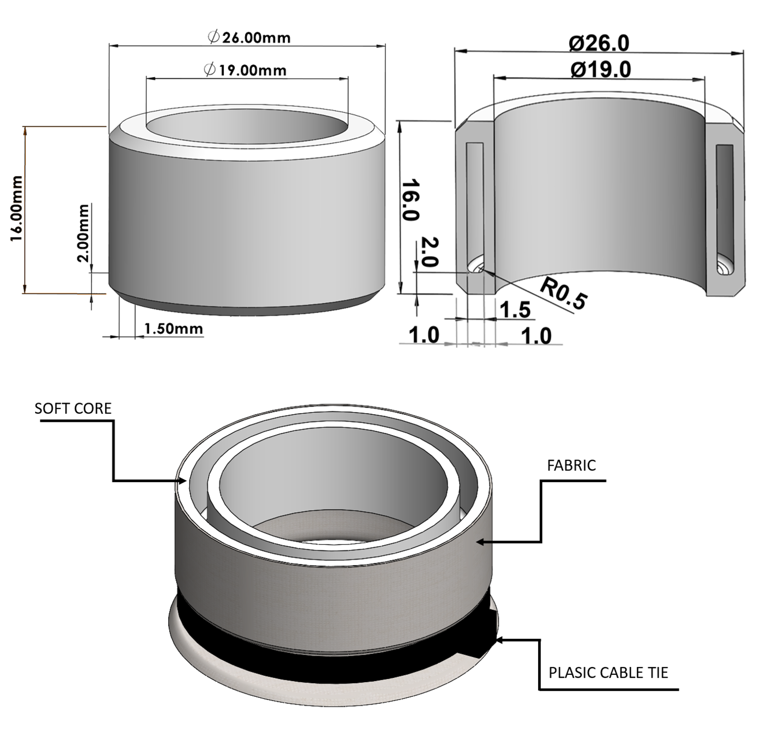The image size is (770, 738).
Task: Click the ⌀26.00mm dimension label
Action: pyautogui.click(x=249, y=37)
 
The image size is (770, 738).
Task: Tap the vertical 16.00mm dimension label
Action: pyautogui.click(x=16, y=208)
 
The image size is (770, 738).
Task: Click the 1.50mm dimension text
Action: pyautogui.click(x=173, y=329)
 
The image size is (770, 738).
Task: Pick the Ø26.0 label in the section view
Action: pyautogui.click(x=599, y=43)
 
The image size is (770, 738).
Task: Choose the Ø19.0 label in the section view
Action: pyautogui.click(x=601, y=70)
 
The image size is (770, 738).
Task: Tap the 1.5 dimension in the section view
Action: pyautogui.click(x=515, y=310)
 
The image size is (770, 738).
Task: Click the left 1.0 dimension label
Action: pyautogui.click(x=424, y=335)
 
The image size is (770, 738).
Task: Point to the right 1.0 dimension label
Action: pyautogui.click(x=536, y=336)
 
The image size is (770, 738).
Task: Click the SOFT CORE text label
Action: pyautogui.click(x=73, y=409)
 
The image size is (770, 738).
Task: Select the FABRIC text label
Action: pyautogui.click(x=571, y=465)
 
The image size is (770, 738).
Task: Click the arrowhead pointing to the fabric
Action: pyautogui.click(x=480, y=542)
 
